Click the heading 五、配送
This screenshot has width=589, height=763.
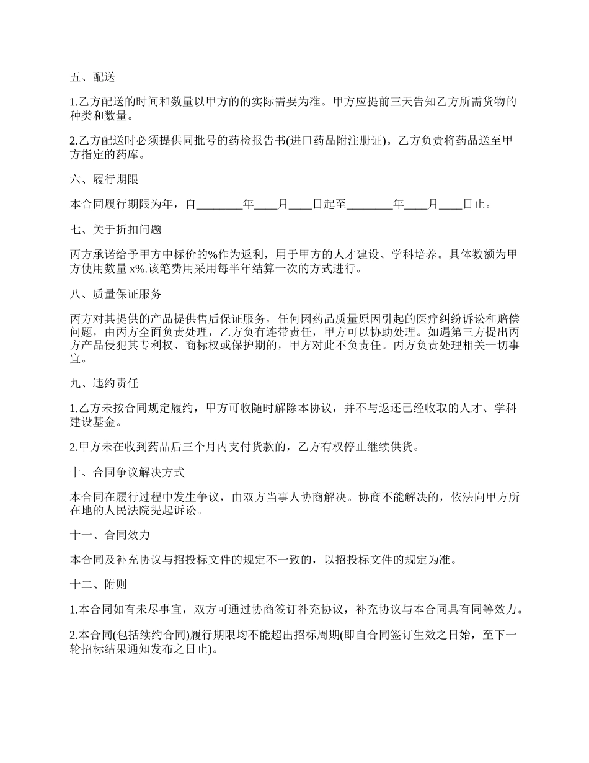(92, 78)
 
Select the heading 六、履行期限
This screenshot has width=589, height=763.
(104, 179)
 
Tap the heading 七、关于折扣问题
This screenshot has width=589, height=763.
(115, 230)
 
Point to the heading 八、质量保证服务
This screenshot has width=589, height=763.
(115, 294)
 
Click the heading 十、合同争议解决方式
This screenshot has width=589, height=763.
(127, 472)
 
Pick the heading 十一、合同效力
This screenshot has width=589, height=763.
(110, 535)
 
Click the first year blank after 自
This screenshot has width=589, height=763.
(219, 204)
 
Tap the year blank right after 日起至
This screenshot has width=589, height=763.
(370, 204)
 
